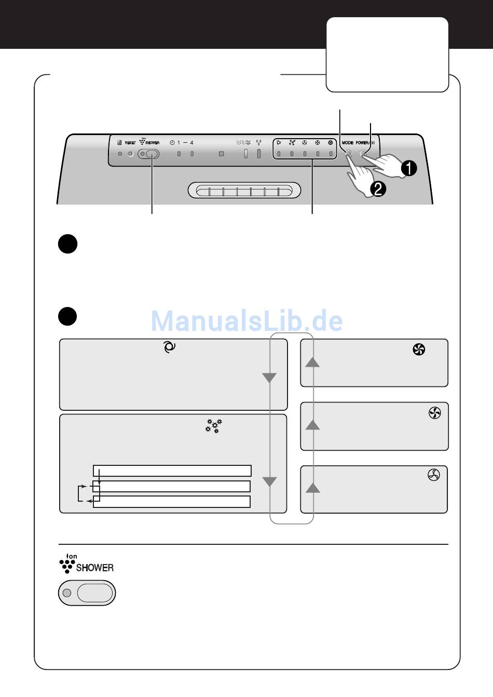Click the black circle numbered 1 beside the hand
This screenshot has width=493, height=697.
(409, 168)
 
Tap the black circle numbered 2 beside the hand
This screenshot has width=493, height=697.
(378, 189)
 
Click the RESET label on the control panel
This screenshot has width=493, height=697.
(130, 143)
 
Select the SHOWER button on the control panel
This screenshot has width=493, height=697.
(152, 154)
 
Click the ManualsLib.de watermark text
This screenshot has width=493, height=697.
(246, 321)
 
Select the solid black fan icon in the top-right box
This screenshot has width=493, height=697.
(419, 350)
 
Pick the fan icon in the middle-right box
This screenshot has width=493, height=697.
(435, 413)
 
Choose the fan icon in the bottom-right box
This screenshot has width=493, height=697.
(434, 474)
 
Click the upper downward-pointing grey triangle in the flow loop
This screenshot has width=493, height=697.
(269, 378)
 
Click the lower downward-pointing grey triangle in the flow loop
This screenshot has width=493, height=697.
(269, 481)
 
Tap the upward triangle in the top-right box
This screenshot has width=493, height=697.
(312, 362)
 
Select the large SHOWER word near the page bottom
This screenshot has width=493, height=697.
(95, 568)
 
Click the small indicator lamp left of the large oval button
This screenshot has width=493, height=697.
(66, 593)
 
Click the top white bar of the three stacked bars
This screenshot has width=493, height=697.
(172, 471)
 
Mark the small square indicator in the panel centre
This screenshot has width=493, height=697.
(222, 154)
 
